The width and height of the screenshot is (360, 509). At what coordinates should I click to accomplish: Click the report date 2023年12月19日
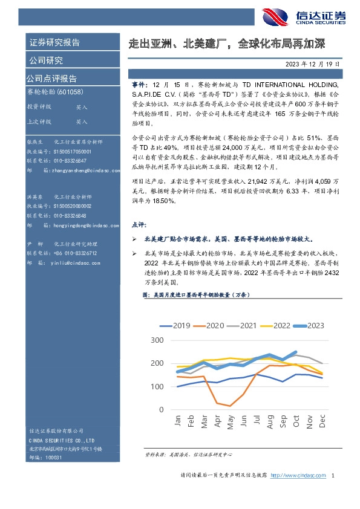click(x=313, y=63)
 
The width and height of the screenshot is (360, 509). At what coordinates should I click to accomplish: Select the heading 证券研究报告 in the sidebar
click(x=54, y=43)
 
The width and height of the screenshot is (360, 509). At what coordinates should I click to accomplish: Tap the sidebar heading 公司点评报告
click(x=51, y=79)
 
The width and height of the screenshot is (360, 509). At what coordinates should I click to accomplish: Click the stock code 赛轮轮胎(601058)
click(x=55, y=92)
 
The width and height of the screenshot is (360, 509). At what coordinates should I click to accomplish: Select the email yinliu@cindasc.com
click(x=66, y=263)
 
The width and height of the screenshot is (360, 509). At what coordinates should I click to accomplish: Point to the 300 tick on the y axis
click(x=156, y=340)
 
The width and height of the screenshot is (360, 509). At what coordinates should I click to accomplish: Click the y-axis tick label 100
click(x=156, y=387)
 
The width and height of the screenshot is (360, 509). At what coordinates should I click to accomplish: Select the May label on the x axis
click(x=230, y=421)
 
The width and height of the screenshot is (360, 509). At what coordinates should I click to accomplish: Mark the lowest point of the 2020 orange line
click(x=229, y=406)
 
